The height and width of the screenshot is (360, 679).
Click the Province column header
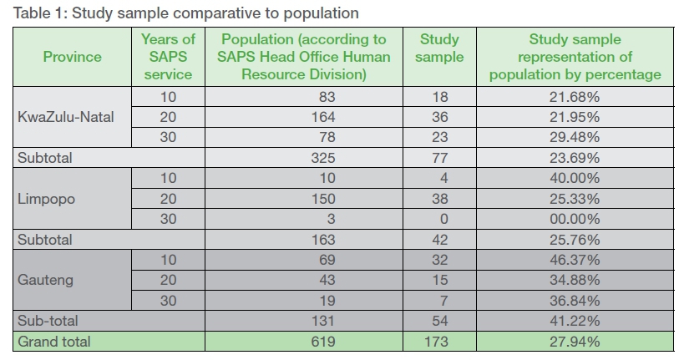(x=72, y=57)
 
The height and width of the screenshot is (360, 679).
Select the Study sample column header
(x=439, y=48)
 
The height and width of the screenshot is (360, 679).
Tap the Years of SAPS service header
(x=167, y=57)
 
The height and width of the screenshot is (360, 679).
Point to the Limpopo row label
(x=48, y=199)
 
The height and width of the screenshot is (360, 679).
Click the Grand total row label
(x=54, y=342)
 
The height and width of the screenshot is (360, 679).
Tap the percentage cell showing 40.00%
(x=575, y=178)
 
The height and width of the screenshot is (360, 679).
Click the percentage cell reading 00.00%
(x=575, y=219)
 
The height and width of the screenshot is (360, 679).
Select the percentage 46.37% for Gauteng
(x=575, y=260)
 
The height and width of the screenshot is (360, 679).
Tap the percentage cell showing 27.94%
(x=575, y=342)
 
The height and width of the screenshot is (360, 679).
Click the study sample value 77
(x=439, y=157)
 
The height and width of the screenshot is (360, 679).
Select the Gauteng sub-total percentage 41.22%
(x=575, y=322)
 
